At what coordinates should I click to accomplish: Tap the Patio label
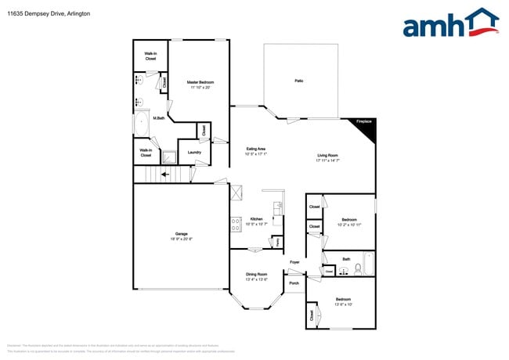(298, 81)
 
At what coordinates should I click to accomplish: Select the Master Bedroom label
(200, 82)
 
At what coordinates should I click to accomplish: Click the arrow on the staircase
(165, 175)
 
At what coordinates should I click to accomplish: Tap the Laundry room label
(194, 153)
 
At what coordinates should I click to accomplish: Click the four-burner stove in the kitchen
(235, 224)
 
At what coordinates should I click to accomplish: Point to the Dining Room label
(256, 273)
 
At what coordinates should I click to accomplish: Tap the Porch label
(294, 283)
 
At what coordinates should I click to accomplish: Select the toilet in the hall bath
(357, 268)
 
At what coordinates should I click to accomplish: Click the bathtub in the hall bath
(370, 265)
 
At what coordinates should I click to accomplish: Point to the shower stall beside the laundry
(168, 156)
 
